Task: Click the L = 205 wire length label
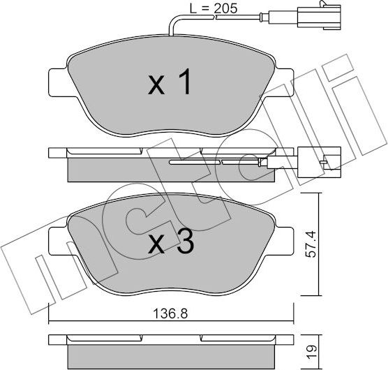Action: pyautogui.click(x=214, y=9)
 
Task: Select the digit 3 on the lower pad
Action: pyautogui.click(x=185, y=244)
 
